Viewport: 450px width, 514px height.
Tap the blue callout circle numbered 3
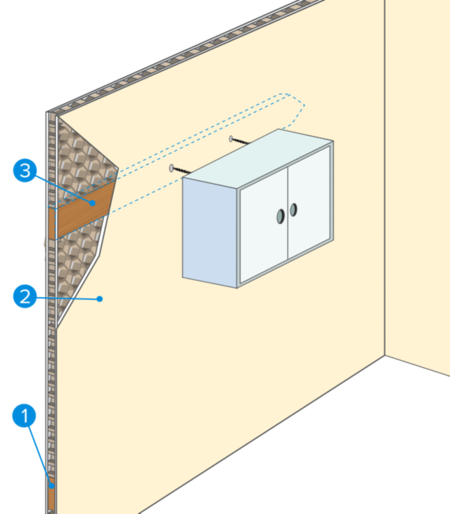tap(25, 171)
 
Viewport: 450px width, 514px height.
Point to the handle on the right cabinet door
tap(293, 209)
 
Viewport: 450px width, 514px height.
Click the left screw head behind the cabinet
tap(172, 169)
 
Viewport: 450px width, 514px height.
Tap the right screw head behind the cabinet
tap(232, 138)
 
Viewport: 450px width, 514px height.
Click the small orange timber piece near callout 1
tap(51, 495)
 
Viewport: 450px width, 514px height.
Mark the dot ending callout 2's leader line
tap(101, 298)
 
